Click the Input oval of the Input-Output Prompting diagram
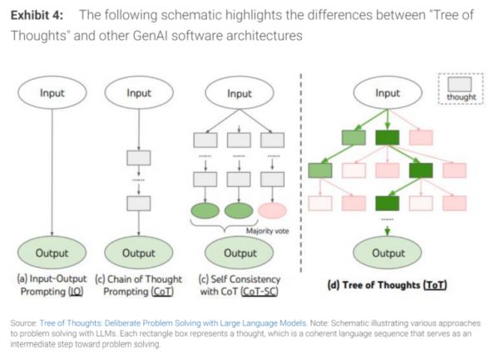[x=52, y=94]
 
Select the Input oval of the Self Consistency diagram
[x=240, y=94]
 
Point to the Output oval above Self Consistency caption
[x=240, y=252]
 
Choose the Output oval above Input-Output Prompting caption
[x=52, y=252]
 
